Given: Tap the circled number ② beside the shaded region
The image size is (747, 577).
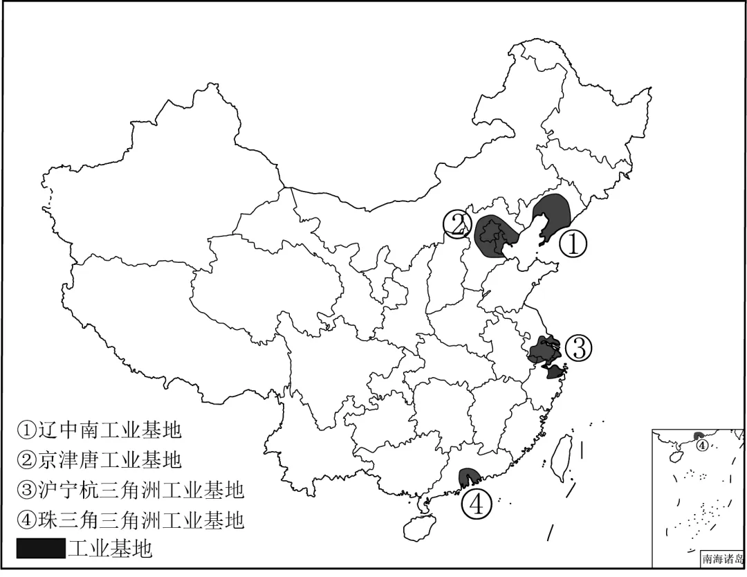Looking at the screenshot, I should coord(457,224).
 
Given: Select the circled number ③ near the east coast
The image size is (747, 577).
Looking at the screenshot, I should coord(579,349).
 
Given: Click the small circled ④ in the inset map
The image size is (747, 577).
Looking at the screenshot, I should coord(701,445).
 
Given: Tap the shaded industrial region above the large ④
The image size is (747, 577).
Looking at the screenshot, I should coord(470,476).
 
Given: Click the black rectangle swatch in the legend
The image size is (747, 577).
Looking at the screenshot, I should coord(40,549).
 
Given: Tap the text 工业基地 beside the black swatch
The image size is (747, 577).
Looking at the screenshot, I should coord(109,549).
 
